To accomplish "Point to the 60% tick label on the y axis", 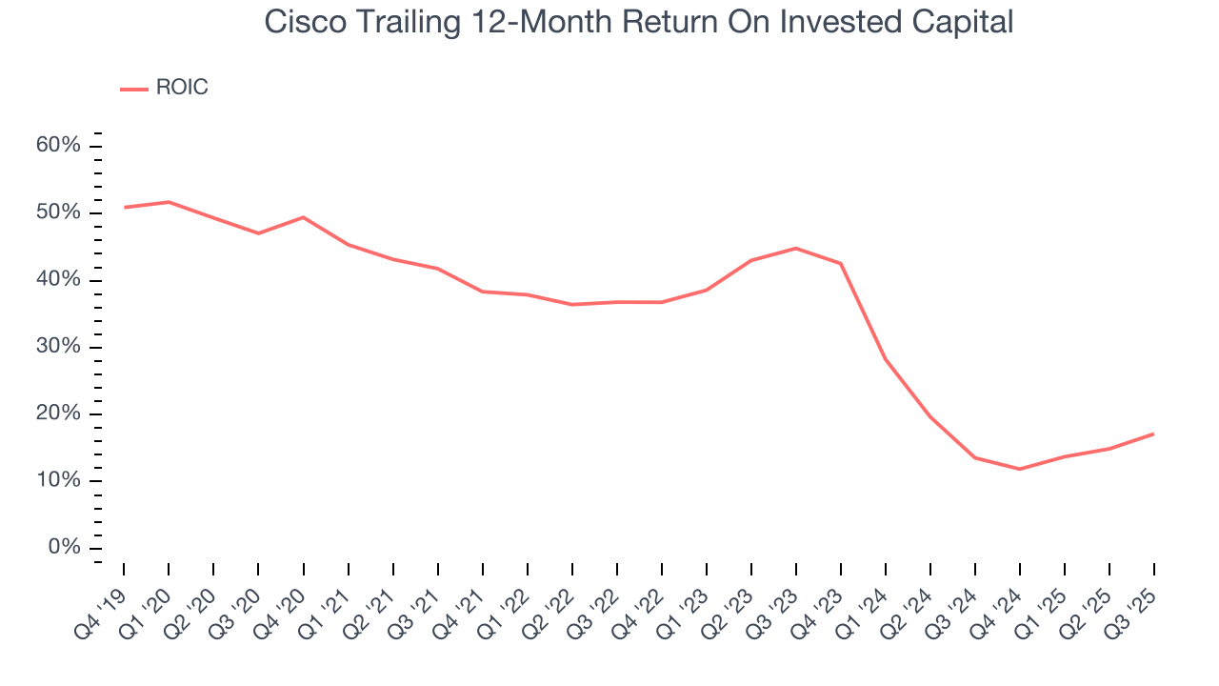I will (58, 146).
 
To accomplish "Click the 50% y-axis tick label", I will (58, 212).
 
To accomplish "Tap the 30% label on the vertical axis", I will (58, 347).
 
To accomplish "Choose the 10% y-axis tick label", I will (58, 481).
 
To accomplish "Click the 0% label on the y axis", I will (63, 548).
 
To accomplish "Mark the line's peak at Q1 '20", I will (169, 202).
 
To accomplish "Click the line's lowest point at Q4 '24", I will (1020, 469).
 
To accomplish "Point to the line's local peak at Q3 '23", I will (796, 248).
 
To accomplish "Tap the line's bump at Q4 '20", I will (303, 217).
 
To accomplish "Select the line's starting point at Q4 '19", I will (124, 207).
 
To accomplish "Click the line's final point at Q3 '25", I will (1154, 434).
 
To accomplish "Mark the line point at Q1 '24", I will (886, 359).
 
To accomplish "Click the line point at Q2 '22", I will (572, 304).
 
